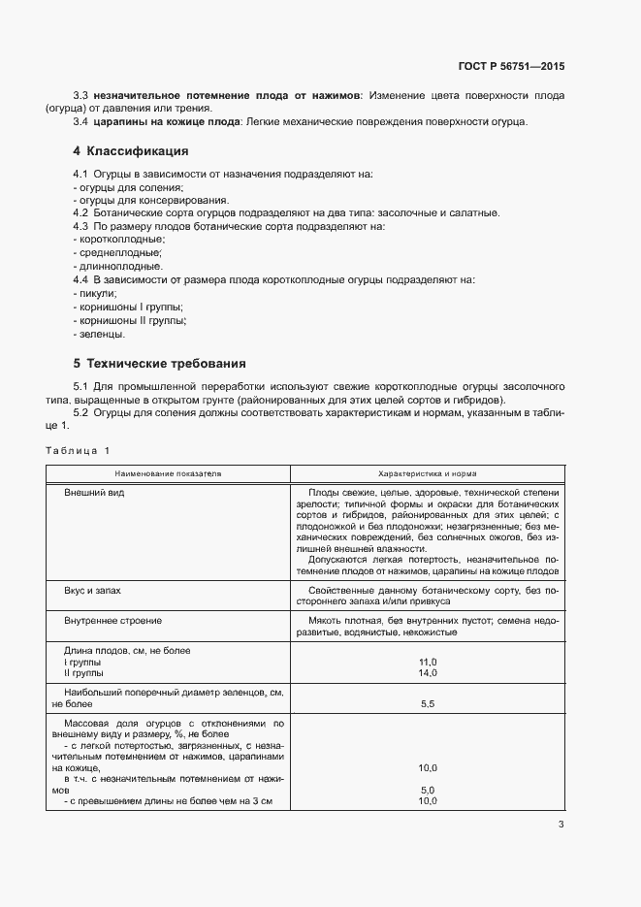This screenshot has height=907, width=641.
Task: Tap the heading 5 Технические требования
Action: (159, 364)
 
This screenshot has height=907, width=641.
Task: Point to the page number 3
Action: (561, 825)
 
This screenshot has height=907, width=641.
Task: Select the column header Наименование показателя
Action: (168, 473)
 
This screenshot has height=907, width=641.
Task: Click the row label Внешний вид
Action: (94, 493)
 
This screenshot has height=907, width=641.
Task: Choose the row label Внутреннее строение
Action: (112, 620)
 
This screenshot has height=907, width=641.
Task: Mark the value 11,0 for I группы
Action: (428, 661)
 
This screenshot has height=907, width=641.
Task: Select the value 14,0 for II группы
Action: (428, 672)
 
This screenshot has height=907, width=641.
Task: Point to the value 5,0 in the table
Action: (428, 790)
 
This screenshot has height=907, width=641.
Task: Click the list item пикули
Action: (97, 293)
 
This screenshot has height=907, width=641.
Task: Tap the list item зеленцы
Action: (102, 334)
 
